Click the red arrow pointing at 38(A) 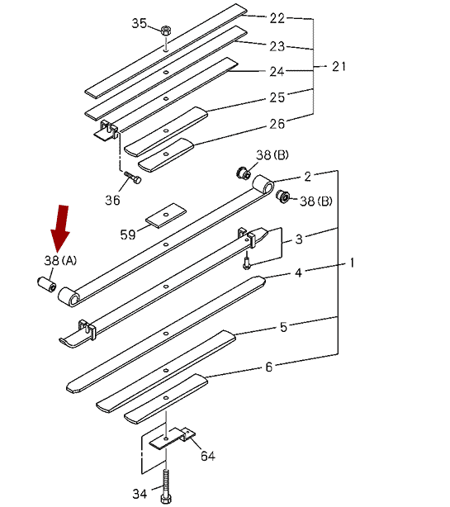pyautogui.click(x=60, y=227)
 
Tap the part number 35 pyautogui.click(x=139, y=23)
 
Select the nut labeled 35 pyautogui.click(x=165, y=31)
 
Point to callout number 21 pyautogui.click(x=339, y=66)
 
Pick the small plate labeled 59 pyautogui.click(x=166, y=216)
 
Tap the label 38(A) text pyautogui.click(x=60, y=260)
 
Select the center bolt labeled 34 pyautogui.click(x=165, y=487)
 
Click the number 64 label pyautogui.click(x=207, y=456)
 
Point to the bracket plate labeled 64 pyautogui.click(x=172, y=438)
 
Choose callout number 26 pyautogui.click(x=277, y=124)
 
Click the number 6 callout pyautogui.click(x=269, y=367)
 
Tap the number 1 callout pyautogui.click(x=352, y=263)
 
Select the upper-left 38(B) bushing pyautogui.click(x=243, y=173)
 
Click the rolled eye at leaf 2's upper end pyautogui.click(x=263, y=185)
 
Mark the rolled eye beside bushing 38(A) pyautogui.click(x=69, y=296)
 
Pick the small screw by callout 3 pyautogui.click(x=247, y=261)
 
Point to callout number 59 pyautogui.click(x=128, y=235)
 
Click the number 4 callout pyautogui.click(x=298, y=272)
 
